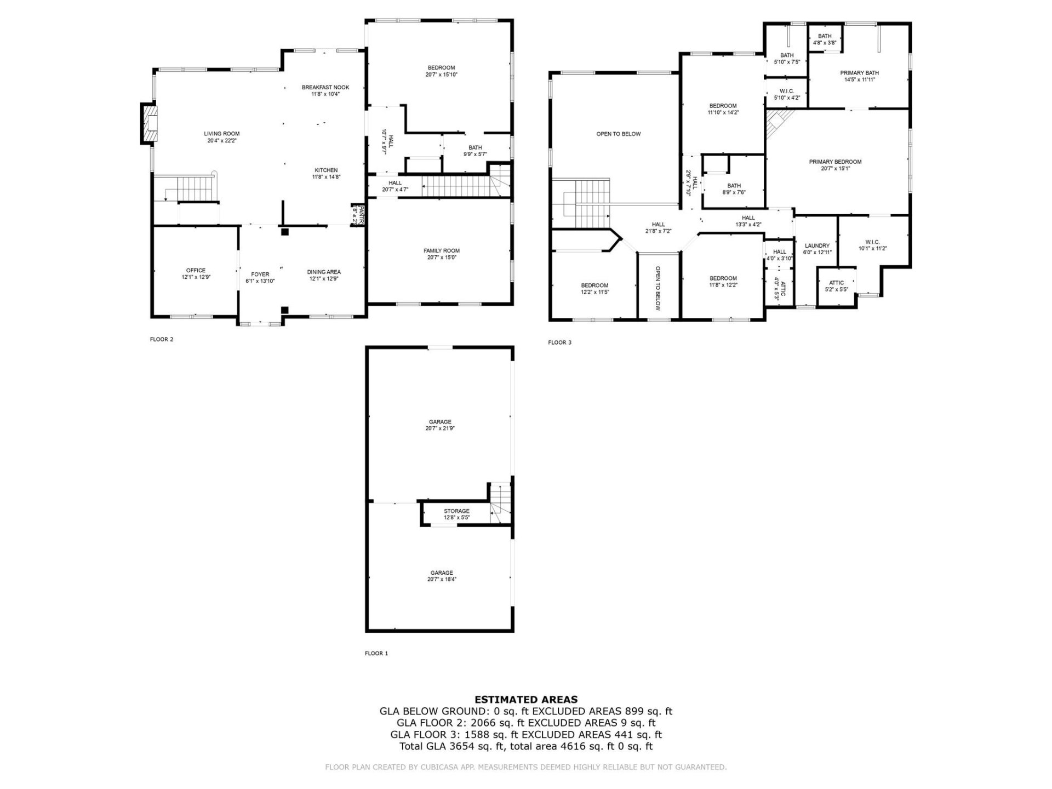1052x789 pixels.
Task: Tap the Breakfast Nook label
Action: (325, 88)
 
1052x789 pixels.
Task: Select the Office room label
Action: (196, 271)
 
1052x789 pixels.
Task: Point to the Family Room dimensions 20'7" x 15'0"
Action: (441, 258)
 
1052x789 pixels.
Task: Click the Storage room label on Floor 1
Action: (456, 511)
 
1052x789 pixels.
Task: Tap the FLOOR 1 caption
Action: (376, 653)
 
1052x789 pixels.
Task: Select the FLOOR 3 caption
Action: (559, 342)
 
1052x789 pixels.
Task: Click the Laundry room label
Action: (817, 246)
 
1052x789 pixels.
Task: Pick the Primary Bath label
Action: (859, 73)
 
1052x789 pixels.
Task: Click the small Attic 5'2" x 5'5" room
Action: (836, 286)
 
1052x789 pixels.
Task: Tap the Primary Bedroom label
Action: (835, 162)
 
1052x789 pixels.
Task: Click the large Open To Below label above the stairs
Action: (618, 134)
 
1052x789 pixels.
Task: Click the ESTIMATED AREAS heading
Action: (525, 700)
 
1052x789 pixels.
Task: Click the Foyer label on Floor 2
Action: (260, 275)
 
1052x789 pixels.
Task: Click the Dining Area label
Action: (324, 272)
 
